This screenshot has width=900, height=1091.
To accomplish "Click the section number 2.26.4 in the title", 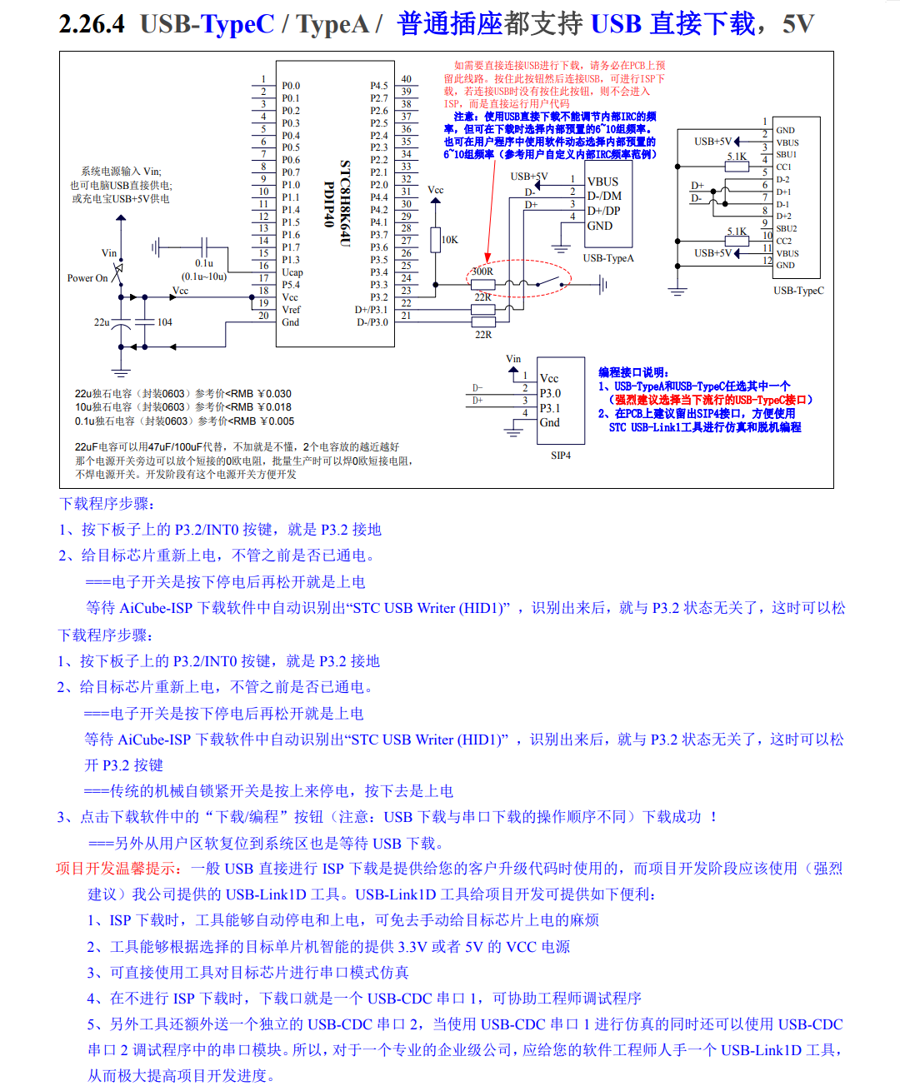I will tap(92, 24).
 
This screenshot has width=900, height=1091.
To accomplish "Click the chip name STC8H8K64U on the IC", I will tap(344, 203).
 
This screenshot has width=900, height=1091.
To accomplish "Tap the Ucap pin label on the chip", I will tap(292, 272).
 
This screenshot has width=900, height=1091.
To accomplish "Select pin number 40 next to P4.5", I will tap(406, 79).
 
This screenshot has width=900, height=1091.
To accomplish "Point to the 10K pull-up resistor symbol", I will tap(435, 240).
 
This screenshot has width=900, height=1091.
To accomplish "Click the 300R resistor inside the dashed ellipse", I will tap(483, 284).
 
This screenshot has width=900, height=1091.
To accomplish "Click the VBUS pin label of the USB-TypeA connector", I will tap(602, 182).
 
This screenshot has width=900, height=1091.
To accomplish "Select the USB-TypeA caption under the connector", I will tap(608, 258).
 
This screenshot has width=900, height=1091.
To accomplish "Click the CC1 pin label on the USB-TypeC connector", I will tap(783, 167).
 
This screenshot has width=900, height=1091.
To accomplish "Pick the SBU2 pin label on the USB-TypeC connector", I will tap(786, 228).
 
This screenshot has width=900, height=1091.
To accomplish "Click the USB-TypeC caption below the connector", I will tap(798, 291).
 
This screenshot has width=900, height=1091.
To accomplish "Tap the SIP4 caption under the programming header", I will tap(561, 456).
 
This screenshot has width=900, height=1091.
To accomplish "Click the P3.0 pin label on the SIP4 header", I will tap(550, 393).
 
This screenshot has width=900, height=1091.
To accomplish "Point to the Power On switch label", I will tap(87, 278).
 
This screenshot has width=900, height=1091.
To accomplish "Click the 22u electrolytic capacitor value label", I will tap(102, 322).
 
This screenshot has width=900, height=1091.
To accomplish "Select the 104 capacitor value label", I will tap(165, 322).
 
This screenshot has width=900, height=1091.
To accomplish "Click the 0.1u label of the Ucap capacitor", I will tap(204, 263).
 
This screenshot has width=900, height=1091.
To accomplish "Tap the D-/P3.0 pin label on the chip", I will tap(372, 322).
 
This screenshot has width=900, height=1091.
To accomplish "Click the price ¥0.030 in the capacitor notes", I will tap(275, 394).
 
